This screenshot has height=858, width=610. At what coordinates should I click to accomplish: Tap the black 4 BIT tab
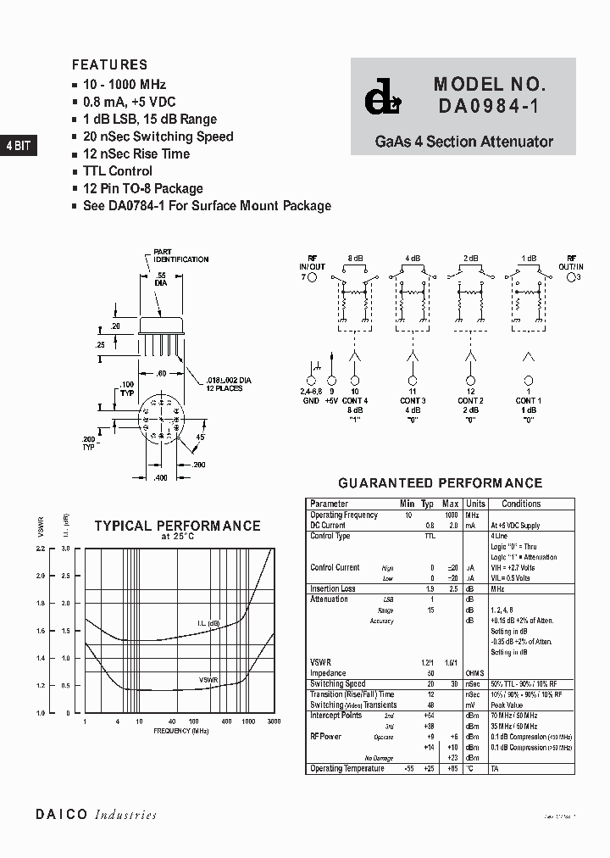(x=18, y=146)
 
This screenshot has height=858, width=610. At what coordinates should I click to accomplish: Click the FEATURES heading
(x=109, y=64)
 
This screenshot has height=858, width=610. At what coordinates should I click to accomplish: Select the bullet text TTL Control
(x=118, y=171)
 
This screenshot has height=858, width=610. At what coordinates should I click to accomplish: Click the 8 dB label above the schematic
(x=354, y=258)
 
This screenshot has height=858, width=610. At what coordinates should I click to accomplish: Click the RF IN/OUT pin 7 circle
(x=312, y=276)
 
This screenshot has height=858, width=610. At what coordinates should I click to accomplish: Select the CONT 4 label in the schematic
(x=354, y=400)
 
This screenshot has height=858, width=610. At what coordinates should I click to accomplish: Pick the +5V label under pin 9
(x=331, y=400)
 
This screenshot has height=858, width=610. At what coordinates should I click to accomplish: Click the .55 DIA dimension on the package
(x=159, y=281)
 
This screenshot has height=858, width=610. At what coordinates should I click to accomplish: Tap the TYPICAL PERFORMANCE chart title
(x=177, y=526)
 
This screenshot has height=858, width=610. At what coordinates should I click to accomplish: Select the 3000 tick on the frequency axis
(x=274, y=721)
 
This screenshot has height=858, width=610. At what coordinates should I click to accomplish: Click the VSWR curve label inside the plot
(x=208, y=680)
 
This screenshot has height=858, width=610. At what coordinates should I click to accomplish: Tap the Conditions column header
(x=521, y=504)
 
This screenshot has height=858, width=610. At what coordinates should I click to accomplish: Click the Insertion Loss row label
(x=333, y=588)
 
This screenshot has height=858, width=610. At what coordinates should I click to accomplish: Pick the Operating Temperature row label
(x=347, y=768)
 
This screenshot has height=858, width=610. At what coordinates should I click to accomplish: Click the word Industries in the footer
(x=125, y=815)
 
